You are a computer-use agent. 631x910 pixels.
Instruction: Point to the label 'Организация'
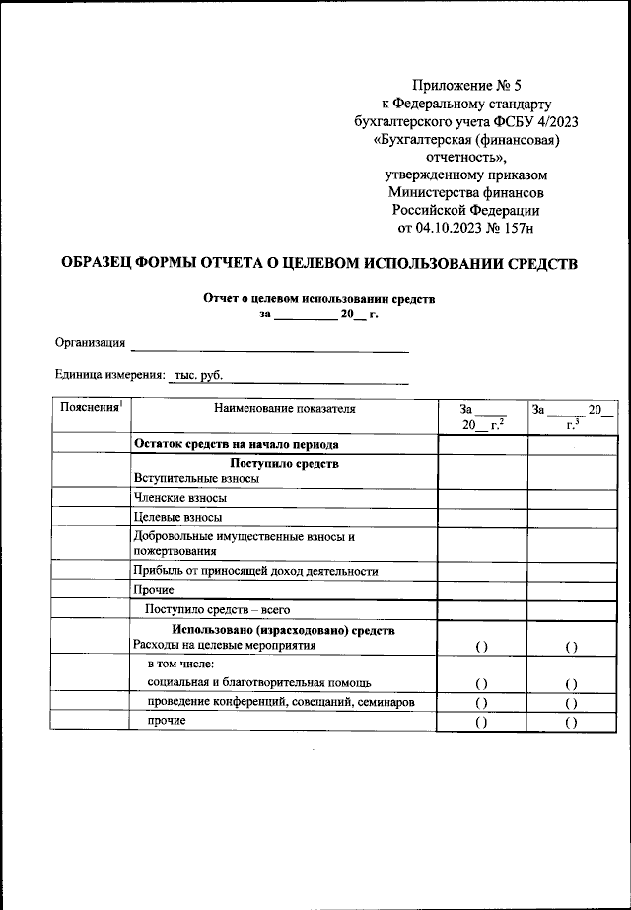tap(90, 343)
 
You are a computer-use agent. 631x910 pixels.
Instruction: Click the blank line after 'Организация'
tap(270, 345)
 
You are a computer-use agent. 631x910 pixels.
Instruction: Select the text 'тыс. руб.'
tap(198, 376)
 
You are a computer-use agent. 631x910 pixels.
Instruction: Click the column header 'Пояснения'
tap(90, 408)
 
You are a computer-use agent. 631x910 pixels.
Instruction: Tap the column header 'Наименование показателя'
tap(284, 408)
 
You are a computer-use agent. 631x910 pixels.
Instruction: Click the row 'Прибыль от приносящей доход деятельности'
tap(255, 571)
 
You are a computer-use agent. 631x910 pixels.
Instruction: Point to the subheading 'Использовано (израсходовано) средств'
tap(284, 629)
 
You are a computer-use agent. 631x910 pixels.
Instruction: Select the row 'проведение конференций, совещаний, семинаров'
tap(281, 702)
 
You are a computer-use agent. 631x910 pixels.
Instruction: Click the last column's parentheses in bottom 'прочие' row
tap(571, 722)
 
